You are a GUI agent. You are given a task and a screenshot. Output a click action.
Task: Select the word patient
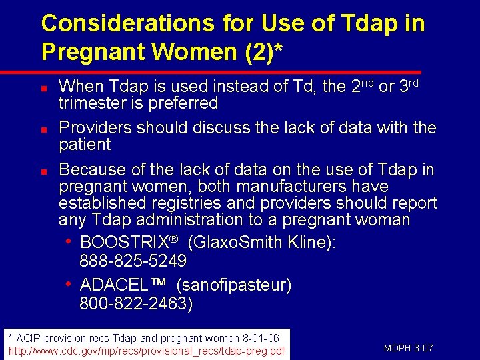coord(85,145)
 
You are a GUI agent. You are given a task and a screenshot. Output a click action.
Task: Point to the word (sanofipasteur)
coord(234,285)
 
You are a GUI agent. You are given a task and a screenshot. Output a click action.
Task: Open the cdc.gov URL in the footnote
coord(146,351)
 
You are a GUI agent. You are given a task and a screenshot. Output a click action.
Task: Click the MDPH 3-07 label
coord(409,348)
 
